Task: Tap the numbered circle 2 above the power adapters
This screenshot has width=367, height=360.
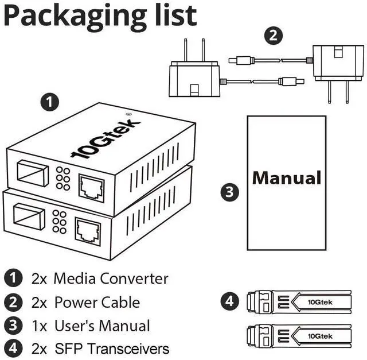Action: coord(274,36)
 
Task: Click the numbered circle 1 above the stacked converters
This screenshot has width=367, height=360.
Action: coord(50,102)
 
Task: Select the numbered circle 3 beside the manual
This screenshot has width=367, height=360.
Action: coord(230,192)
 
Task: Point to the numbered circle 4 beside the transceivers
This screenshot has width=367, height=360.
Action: coord(230,301)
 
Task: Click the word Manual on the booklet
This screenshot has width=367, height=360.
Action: coord(287,178)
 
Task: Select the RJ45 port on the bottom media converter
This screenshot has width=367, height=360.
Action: coord(88,231)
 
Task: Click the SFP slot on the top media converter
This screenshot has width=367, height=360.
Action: coord(33,173)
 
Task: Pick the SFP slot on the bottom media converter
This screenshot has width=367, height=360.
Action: coord(29,217)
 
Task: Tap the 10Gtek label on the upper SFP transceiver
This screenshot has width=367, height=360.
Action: coord(320,302)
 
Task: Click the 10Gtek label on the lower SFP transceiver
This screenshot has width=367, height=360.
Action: coord(320,336)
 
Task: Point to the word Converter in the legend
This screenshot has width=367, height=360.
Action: coord(134,278)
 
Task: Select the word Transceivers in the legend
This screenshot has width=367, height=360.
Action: coord(128,349)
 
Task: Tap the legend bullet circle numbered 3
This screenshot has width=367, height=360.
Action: coord(13,326)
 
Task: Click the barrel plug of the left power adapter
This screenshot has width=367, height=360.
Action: coord(291,82)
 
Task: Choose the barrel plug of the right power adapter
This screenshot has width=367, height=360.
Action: coord(241,60)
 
